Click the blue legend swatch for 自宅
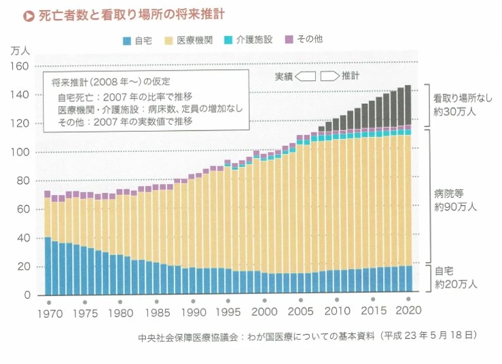[127, 41]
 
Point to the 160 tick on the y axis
[20, 66]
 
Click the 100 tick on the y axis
[20, 152]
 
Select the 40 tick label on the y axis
[22, 238]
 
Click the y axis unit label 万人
[20, 51]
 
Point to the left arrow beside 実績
[306, 75]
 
